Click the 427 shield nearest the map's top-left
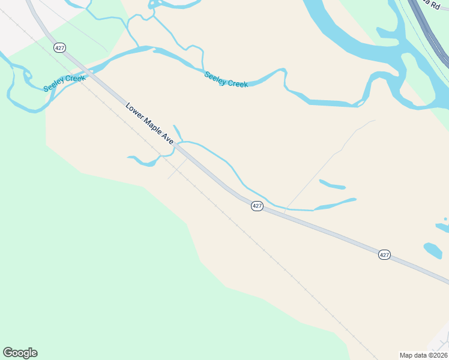click(x=59, y=48)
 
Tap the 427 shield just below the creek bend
click(x=257, y=206)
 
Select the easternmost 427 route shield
click(x=385, y=255)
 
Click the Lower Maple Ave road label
click(x=149, y=124)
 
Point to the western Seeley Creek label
click(x=64, y=83)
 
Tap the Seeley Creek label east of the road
click(x=226, y=79)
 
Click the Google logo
click(x=20, y=353)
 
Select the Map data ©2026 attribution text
click(x=423, y=355)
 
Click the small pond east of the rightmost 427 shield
click(x=432, y=250)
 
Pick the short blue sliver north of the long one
click(x=332, y=184)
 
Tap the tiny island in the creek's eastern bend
click(x=360, y=104)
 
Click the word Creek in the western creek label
click(x=76, y=80)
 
